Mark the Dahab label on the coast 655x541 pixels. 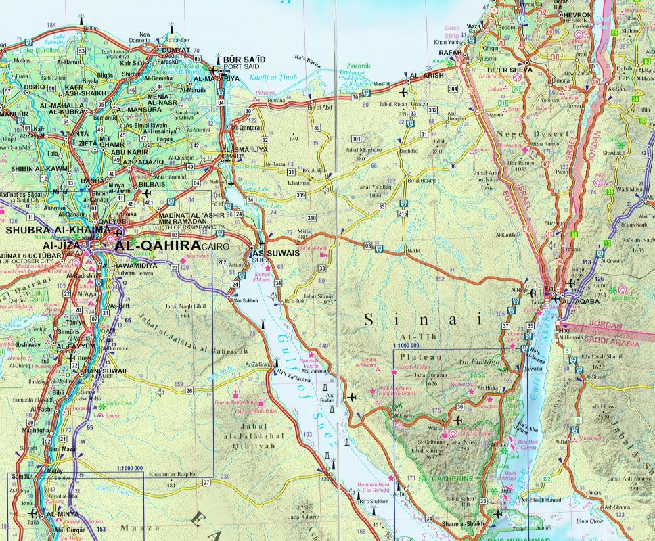click(512, 456)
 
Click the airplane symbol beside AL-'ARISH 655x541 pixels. click(405, 91)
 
